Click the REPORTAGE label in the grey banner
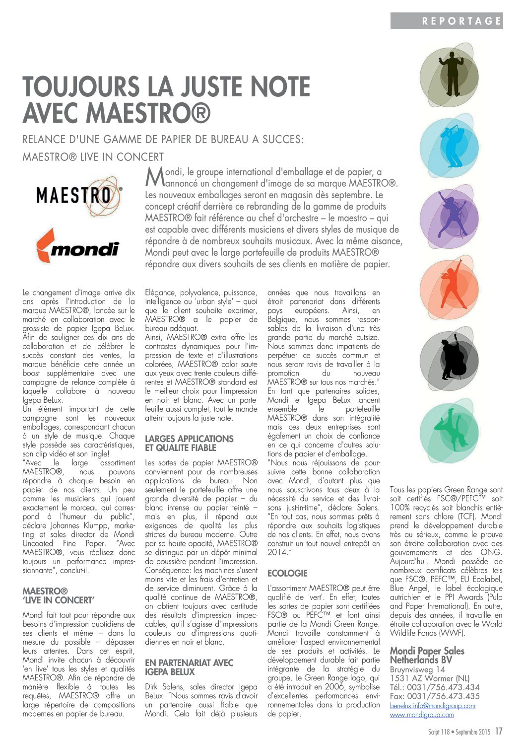click(461, 21)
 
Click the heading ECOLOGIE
click(287, 573)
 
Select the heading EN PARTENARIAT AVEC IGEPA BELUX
click(189, 667)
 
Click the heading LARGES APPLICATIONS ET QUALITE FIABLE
click(189, 443)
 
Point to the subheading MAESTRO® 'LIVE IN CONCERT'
click(58, 595)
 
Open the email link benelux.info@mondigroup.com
click(432, 706)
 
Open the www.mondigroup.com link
click(421, 715)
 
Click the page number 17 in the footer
click(498, 731)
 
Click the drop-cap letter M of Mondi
click(154, 176)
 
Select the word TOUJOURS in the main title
click(81, 87)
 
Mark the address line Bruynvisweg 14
click(417, 669)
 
